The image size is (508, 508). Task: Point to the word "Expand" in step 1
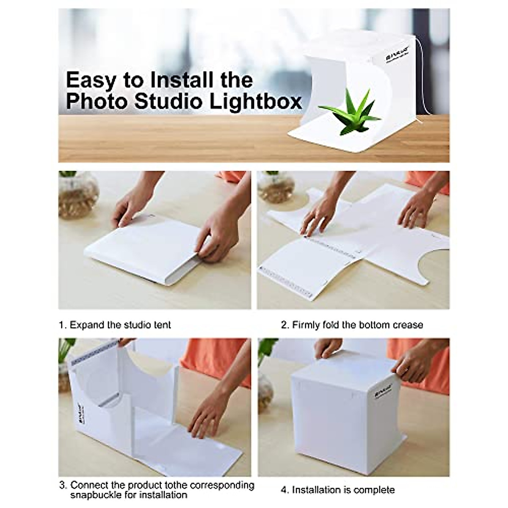pos(87,325)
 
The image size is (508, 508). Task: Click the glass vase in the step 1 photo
pos(78,195)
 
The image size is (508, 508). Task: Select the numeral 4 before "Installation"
pos(284,490)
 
